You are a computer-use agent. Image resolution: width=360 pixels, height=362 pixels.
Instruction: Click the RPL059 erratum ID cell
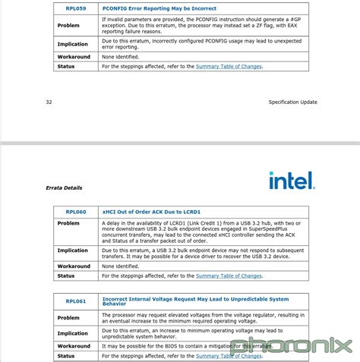(x=76, y=8)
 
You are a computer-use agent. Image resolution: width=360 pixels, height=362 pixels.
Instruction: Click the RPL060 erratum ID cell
(x=76, y=212)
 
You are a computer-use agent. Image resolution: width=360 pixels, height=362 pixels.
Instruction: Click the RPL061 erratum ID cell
(x=76, y=301)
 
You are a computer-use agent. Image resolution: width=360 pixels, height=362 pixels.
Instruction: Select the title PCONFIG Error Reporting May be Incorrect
(x=159, y=8)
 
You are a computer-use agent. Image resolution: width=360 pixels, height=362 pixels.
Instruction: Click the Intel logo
(x=291, y=181)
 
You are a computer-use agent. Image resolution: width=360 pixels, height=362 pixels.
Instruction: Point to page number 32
(x=49, y=102)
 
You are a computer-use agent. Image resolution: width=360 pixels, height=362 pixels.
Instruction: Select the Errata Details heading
(x=64, y=187)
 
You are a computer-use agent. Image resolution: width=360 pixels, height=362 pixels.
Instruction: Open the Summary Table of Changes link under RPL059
(x=228, y=67)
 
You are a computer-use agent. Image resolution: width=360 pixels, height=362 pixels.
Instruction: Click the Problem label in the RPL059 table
(x=68, y=24)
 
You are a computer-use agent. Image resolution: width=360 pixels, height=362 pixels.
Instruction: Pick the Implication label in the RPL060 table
(x=73, y=250)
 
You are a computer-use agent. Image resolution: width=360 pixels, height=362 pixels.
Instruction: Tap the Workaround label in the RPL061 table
(x=74, y=346)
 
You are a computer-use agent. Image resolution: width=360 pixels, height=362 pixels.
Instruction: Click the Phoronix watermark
(x=292, y=345)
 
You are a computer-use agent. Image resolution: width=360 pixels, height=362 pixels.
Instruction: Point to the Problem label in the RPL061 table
(x=68, y=317)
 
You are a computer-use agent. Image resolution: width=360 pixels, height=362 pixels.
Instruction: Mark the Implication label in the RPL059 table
(x=73, y=43)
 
